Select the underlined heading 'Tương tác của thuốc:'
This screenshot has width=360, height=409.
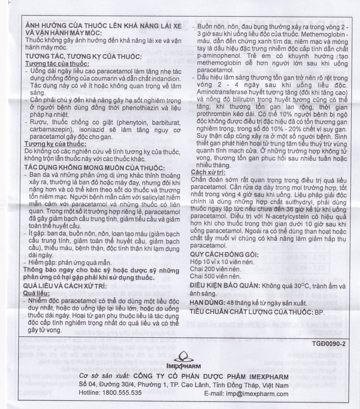(50, 64)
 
